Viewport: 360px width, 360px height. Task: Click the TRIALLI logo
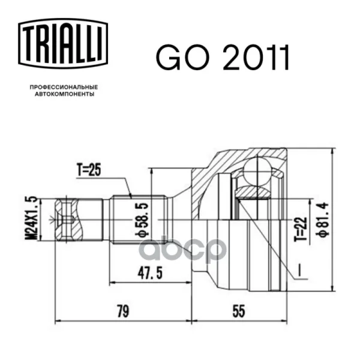coord(63,44)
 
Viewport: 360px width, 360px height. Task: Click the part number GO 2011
coord(222,58)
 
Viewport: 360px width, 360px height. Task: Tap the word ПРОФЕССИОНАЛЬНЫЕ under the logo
coord(64,87)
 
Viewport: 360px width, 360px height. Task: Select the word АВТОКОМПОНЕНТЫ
coord(64,94)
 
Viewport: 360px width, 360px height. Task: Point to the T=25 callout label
coord(89,170)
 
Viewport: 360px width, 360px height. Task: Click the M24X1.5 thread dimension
coord(31,218)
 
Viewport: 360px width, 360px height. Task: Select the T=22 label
coord(301,229)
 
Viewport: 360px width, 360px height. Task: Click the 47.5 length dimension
coord(150,273)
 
